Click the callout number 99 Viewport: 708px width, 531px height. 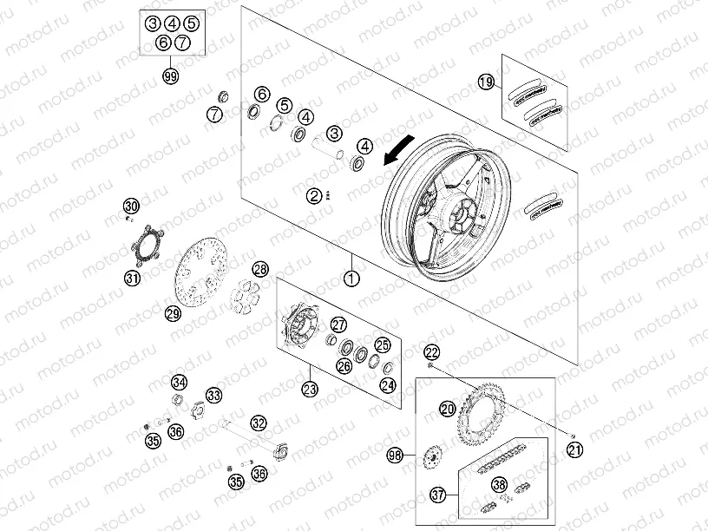tap(170, 76)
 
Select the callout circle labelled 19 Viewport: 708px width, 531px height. tap(486, 82)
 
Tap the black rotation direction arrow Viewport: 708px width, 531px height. tap(397, 152)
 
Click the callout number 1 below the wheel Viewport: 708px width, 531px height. tap(351, 279)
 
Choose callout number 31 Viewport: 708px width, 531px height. tap(131, 279)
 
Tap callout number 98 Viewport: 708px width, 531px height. tap(396, 454)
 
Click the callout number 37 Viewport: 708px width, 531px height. tap(438, 495)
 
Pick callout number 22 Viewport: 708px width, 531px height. tap(431, 351)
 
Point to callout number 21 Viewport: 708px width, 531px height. tap(574, 449)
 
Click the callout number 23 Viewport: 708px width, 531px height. tap(311, 390)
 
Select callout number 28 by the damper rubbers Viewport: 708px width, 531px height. tap(260, 270)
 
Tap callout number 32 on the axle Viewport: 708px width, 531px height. tap(259, 423)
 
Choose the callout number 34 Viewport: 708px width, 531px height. tap(179, 382)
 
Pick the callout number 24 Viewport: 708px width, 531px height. tap(388, 384)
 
